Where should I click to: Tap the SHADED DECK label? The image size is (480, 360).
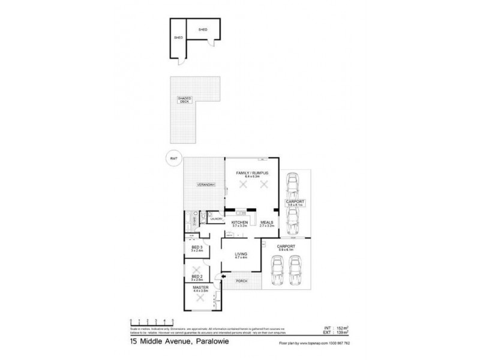(183, 100)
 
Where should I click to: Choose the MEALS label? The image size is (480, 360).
(267, 222)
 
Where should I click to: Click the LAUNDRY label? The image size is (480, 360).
(217, 220)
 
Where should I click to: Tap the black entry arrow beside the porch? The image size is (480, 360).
(224, 276)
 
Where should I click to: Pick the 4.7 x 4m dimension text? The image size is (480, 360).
(242, 258)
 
